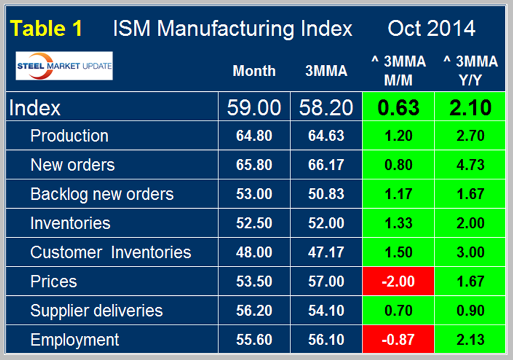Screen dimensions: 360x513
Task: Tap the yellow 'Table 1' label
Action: coord(47,28)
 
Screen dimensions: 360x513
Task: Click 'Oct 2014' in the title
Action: coord(431,28)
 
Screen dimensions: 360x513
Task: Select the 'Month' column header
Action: coord(254,71)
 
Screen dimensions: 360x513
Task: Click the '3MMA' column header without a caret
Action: coord(326,71)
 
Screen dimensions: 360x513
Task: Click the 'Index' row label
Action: coord(35,108)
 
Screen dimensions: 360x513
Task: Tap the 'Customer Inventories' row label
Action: coord(110,253)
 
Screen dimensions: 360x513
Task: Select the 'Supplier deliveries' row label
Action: coord(96,311)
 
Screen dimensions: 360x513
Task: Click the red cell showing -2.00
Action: coord(398,282)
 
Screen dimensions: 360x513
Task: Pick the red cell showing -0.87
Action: coord(398,340)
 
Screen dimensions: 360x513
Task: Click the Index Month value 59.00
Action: coord(254,108)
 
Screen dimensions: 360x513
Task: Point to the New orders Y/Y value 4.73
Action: coord(470,165)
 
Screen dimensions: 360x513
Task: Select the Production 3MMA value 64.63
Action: coord(326,136)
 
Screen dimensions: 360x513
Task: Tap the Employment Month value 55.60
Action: coord(254,340)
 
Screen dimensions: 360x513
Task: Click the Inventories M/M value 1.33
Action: coord(398,223)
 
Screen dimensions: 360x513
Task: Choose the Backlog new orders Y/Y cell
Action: coord(470,194)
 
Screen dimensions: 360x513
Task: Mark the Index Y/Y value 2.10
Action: coord(470,108)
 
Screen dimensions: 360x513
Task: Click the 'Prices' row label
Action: coord(53,282)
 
